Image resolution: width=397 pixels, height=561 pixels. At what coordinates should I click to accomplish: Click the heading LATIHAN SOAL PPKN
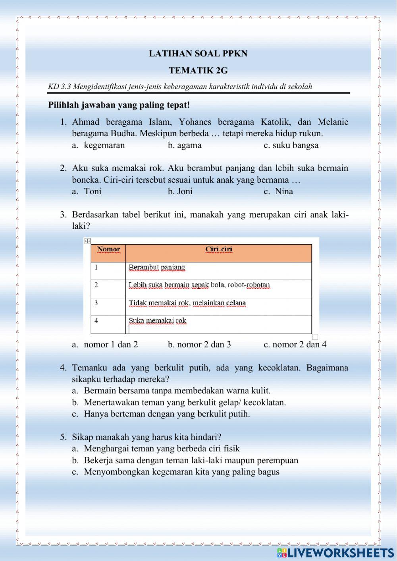[x=198, y=54]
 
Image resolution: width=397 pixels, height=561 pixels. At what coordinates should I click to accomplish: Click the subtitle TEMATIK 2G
[x=198, y=71]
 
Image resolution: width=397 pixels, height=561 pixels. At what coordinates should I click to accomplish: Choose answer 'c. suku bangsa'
[x=291, y=145]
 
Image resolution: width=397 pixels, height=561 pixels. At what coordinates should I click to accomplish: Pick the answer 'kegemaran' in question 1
[x=104, y=145]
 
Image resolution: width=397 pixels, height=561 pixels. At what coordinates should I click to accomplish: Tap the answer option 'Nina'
[x=283, y=191]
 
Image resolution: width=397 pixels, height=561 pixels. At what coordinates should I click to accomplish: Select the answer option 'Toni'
[x=93, y=191]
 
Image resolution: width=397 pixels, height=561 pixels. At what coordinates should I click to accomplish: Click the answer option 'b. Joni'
[x=180, y=191]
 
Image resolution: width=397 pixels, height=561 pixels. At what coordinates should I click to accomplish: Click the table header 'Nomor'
[x=108, y=249]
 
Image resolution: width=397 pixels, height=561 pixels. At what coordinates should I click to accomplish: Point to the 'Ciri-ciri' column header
[x=219, y=249]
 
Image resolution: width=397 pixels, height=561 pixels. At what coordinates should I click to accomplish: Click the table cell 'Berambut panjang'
[x=157, y=267]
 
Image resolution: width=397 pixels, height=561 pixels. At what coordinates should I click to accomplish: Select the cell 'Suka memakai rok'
[x=157, y=321]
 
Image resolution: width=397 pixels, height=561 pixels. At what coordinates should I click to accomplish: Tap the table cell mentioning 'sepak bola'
[x=199, y=285]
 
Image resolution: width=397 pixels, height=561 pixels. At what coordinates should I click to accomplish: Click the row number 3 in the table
[x=96, y=303]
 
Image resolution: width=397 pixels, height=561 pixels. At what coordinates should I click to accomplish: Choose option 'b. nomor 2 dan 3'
[x=199, y=345]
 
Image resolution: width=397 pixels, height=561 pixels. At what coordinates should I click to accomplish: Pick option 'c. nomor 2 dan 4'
[x=295, y=345]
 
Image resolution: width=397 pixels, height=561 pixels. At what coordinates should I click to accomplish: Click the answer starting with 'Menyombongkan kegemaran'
[x=181, y=472]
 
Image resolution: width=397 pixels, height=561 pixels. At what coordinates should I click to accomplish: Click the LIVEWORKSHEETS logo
[x=335, y=553]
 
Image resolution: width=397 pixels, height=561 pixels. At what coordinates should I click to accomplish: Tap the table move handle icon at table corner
[x=88, y=241]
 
